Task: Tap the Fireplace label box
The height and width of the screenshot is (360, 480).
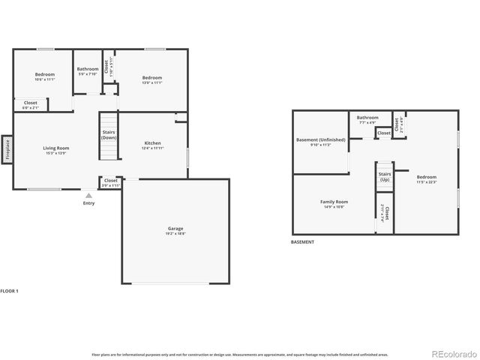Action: click(x=7, y=148)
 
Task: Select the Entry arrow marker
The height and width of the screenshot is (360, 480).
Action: click(x=88, y=195)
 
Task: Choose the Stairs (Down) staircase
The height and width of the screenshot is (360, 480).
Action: click(x=109, y=136)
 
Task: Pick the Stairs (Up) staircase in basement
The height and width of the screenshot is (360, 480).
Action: click(x=384, y=178)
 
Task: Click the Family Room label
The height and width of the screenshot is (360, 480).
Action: click(x=334, y=203)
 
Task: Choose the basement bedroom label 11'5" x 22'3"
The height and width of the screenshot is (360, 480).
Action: click(x=426, y=179)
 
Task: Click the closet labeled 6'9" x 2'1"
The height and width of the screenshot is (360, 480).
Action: click(x=31, y=104)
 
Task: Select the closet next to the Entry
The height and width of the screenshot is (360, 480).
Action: click(x=110, y=181)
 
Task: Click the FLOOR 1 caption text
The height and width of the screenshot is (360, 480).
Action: click(x=10, y=289)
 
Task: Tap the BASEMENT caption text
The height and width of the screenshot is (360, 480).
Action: click(x=302, y=242)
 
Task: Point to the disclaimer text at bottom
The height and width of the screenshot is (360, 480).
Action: click(x=239, y=353)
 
